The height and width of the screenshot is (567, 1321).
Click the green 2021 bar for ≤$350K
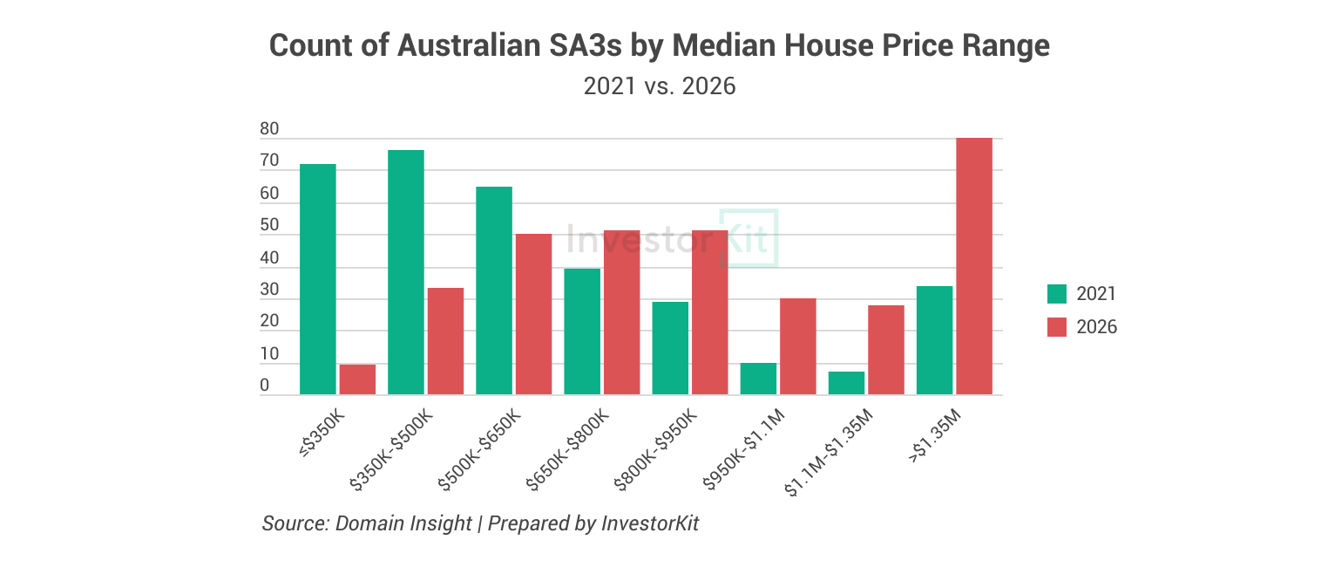pyautogui.click(x=317, y=279)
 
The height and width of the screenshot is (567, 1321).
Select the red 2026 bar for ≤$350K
pyautogui.click(x=357, y=379)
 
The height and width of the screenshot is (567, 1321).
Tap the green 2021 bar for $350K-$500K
pyautogui.click(x=405, y=272)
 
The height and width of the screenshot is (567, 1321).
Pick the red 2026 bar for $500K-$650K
pyautogui.click(x=533, y=314)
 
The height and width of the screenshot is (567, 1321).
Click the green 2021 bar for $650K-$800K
pyautogui.click(x=582, y=331)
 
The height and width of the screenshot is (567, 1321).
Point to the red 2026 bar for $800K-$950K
pyautogui.click(x=709, y=312)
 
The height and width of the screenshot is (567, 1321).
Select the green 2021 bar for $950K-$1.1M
pyautogui.click(x=758, y=379)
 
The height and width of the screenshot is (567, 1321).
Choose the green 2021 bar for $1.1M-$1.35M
pyautogui.click(x=846, y=383)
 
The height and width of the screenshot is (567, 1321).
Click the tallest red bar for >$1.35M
pyautogui.click(x=974, y=266)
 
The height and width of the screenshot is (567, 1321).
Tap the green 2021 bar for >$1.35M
pyautogui.click(x=934, y=340)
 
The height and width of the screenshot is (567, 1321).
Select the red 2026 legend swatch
pyautogui.click(x=1056, y=327)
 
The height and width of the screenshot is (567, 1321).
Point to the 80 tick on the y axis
pyautogui.click(x=269, y=130)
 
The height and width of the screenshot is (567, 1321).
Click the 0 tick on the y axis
pyautogui.click(x=264, y=386)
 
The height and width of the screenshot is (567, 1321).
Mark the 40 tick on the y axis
pyautogui.click(x=269, y=258)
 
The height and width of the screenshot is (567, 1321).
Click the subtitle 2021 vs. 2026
pyautogui.click(x=660, y=86)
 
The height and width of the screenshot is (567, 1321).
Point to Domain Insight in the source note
pyautogui.click(x=403, y=523)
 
